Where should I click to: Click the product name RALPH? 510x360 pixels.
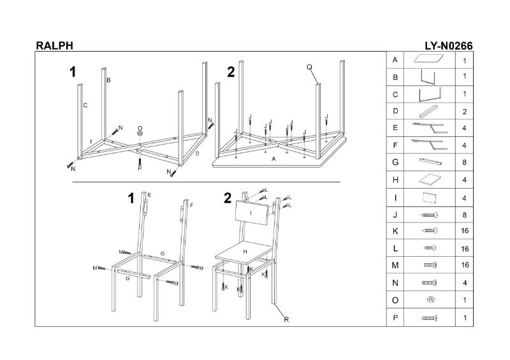(x=54, y=45)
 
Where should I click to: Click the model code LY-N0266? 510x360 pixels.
(x=448, y=45)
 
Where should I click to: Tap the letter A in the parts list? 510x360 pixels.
(x=396, y=61)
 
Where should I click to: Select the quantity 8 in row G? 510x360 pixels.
(x=465, y=163)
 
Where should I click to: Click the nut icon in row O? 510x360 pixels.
(x=431, y=300)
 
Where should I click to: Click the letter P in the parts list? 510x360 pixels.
(x=396, y=317)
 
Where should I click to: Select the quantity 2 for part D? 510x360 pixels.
(x=465, y=112)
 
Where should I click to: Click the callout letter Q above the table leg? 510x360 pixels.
(x=309, y=66)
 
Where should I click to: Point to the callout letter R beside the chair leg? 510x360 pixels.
(x=286, y=320)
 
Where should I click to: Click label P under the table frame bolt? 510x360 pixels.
(x=140, y=168)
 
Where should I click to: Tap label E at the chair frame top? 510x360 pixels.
(x=149, y=194)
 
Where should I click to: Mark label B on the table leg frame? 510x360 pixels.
(x=109, y=80)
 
